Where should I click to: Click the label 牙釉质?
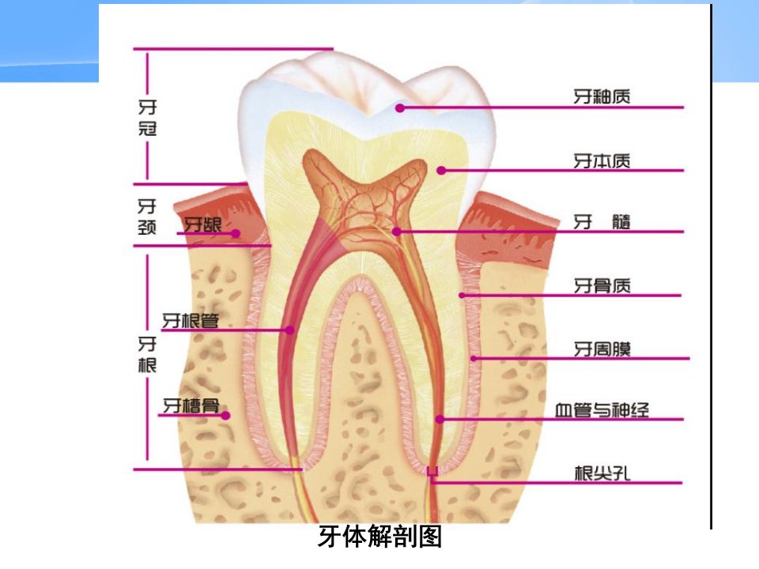tap(602, 96)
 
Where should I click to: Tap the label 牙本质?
tap(602, 160)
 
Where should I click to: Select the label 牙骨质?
tap(602, 285)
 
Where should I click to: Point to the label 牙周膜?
tap(602, 349)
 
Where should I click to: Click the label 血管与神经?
tap(602, 410)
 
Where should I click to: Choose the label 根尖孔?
tap(602, 473)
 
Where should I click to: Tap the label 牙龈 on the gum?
tap(203, 224)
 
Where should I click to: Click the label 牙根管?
tap(191, 320)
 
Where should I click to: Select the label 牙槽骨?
tap(191, 405)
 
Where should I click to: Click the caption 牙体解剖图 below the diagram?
tap(380, 536)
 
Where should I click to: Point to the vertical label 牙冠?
tap(148, 118)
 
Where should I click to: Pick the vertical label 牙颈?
tap(147, 217)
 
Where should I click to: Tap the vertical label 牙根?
tap(147, 354)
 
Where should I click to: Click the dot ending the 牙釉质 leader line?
tap(400, 108)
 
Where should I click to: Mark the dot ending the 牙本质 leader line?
tap(441, 171)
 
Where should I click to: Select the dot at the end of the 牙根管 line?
tap(290, 330)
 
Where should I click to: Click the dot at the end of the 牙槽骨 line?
tap(225, 415)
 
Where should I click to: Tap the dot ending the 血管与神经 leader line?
tap(440, 419)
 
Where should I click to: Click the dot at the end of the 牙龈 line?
tap(236, 233)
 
